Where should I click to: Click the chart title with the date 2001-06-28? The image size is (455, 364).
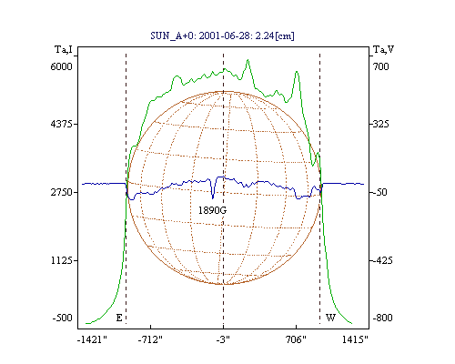[x=222, y=35]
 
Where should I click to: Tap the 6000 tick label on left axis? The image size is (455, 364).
[x=61, y=66]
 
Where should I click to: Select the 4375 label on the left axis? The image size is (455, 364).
[x=61, y=124]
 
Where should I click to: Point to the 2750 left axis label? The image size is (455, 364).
[x=61, y=192]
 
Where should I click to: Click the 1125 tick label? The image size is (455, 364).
[x=61, y=260]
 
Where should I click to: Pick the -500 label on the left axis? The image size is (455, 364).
[x=62, y=318]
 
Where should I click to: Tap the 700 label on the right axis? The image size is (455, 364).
[x=380, y=66]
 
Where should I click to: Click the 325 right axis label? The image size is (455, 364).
[x=380, y=124]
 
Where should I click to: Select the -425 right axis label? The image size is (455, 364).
[x=382, y=260]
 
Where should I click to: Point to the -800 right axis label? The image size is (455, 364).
[x=382, y=318]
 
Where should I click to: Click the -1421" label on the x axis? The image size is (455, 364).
[x=92, y=339]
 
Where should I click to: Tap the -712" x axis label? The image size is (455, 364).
[x=150, y=339]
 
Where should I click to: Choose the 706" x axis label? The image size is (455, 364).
[x=296, y=339]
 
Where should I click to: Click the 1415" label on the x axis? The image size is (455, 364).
[x=355, y=339]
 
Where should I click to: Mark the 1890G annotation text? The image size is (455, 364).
[x=212, y=210]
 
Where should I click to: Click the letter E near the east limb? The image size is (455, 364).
[x=119, y=318]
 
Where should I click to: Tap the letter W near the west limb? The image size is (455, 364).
[x=330, y=318]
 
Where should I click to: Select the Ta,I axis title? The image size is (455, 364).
[x=64, y=49]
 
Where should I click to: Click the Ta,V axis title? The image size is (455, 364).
[x=383, y=49]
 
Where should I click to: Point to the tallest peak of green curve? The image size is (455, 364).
[x=248, y=60]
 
